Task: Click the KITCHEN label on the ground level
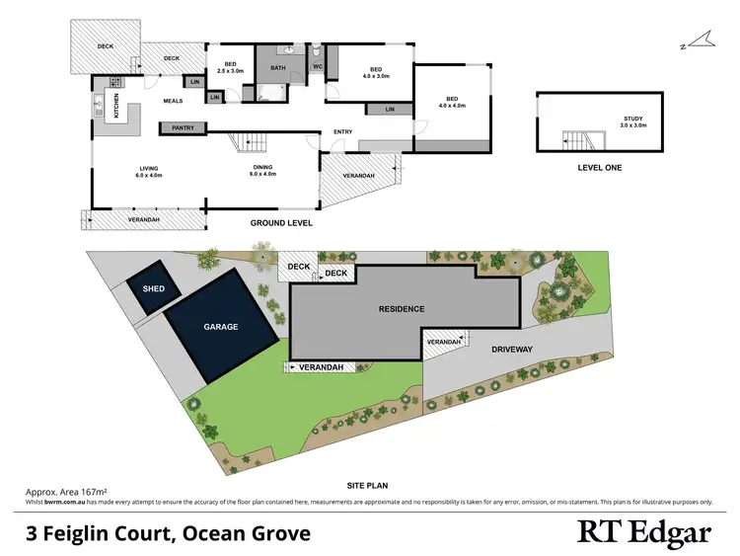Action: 115,107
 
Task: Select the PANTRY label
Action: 183,127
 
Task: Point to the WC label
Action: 318,66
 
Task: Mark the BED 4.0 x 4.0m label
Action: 452,102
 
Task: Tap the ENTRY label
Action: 343,131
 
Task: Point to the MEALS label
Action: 173,99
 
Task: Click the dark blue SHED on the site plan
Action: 155,289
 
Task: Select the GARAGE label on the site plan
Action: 222,326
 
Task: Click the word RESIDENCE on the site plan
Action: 402,309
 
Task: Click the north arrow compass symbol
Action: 700,41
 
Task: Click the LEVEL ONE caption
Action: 600,168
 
